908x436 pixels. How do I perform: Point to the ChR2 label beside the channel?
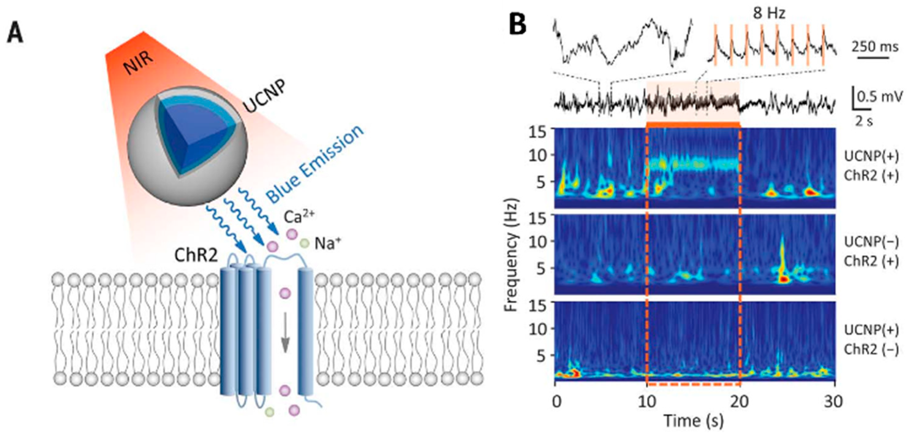196,255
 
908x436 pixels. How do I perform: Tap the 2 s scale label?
864,121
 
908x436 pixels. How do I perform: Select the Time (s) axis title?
693,420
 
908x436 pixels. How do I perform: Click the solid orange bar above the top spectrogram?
693,124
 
